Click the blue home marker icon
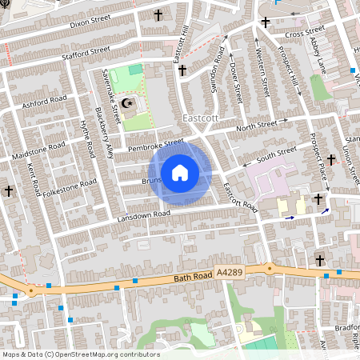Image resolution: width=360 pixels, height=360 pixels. click(180, 173)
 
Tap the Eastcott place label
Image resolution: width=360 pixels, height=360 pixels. click(200, 118)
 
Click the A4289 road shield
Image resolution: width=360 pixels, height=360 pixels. click(230, 273)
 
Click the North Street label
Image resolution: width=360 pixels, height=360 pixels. click(255, 125)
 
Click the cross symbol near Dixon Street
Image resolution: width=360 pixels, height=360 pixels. click(158, 14)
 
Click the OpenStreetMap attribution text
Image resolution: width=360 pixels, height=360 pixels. click(80, 354)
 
